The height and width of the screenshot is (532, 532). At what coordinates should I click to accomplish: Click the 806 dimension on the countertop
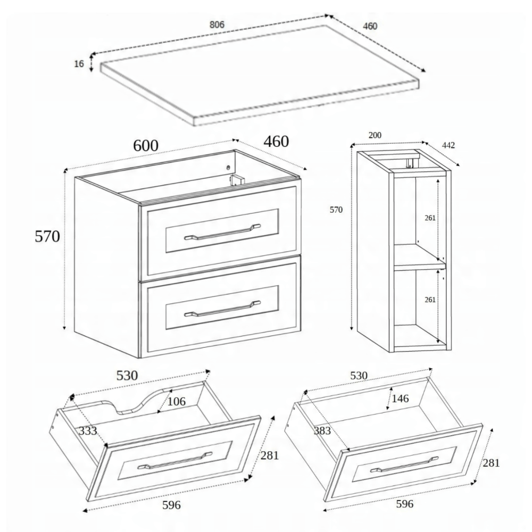(217, 25)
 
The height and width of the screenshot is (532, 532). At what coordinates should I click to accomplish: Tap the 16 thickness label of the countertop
(79, 64)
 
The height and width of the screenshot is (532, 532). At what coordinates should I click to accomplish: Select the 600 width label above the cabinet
(146, 146)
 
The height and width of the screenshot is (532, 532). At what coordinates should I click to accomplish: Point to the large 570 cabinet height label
(47, 236)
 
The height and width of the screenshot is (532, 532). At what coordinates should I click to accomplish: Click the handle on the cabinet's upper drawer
(222, 232)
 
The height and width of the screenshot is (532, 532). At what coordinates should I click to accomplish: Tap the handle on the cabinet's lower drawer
(222, 309)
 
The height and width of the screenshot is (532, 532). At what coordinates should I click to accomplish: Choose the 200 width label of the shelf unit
(375, 135)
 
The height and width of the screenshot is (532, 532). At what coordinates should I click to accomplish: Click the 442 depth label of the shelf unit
(448, 145)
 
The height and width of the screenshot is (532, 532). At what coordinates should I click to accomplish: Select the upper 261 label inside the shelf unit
(430, 218)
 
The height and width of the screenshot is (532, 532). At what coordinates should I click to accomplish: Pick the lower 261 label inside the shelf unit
(430, 300)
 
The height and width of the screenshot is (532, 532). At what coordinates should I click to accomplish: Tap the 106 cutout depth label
(177, 402)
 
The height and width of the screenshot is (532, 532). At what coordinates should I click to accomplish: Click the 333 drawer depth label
(88, 431)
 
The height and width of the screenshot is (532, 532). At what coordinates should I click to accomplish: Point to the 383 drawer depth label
(322, 430)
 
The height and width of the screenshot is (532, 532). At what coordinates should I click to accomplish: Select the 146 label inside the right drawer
(400, 398)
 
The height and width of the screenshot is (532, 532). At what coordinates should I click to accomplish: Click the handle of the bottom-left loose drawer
(174, 460)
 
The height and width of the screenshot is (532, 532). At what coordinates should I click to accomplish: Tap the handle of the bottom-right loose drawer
(404, 464)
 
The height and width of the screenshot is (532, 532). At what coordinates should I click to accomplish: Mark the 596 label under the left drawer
(171, 505)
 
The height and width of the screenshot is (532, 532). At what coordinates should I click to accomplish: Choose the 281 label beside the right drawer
(491, 463)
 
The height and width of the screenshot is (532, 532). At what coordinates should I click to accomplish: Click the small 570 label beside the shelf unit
(336, 210)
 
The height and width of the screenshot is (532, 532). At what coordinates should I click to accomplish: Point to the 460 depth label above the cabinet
(276, 142)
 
